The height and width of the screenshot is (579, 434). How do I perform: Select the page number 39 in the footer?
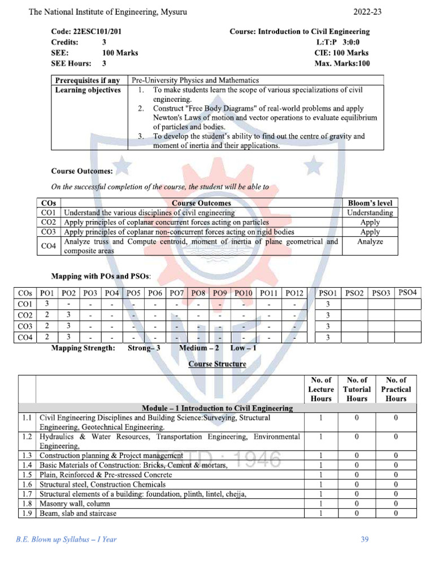pyautogui.click(x=364, y=539)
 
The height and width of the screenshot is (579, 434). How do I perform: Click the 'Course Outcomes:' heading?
pyautogui.click(x=82, y=171)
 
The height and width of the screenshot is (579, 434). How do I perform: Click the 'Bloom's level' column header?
pyautogui.click(x=370, y=203)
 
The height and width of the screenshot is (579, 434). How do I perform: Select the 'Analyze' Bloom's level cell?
pyautogui.click(x=370, y=241)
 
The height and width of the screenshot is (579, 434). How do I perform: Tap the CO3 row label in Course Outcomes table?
pyautogui.click(x=49, y=232)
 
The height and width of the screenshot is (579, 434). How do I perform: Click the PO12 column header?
pyautogui.click(x=294, y=293)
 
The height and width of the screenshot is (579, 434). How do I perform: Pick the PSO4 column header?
pyautogui.click(x=407, y=292)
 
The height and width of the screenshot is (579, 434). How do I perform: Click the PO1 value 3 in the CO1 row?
pyautogui.click(x=47, y=304)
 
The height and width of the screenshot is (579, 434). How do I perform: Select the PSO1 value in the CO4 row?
pyautogui.click(x=328, y=338)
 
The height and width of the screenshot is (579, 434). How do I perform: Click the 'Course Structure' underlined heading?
pyautogui.click(x=217, y=364)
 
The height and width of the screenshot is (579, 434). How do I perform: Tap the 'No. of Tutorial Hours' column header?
pyautogui.click(x=357, y=389)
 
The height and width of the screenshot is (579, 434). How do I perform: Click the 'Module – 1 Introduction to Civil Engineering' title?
pyautogui.click(x=217, y=408)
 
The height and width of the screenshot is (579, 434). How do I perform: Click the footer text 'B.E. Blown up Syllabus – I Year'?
pyautogui.click(x=66, y=539)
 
